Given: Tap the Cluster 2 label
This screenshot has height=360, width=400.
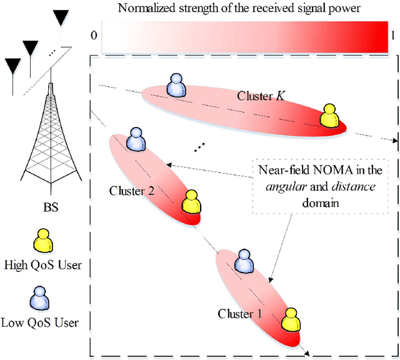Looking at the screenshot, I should point(132,190).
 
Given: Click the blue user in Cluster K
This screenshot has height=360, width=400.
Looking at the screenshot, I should point(176,86).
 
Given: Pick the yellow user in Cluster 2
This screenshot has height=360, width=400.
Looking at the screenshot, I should point(190,201).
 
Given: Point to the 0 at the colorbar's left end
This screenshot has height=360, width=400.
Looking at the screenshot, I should point(94,35).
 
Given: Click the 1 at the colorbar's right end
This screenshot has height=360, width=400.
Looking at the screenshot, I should point(392,35).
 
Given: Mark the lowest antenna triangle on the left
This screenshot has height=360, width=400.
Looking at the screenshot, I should point(12,64).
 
